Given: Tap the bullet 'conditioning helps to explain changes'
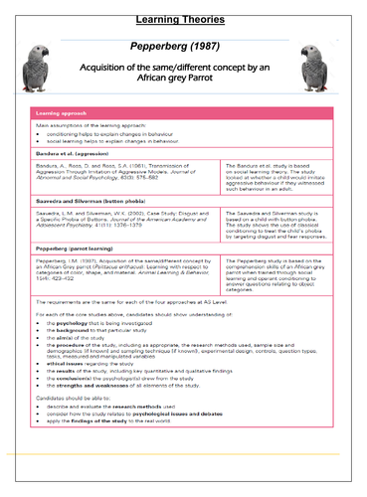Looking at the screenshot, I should tap(119, 136).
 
